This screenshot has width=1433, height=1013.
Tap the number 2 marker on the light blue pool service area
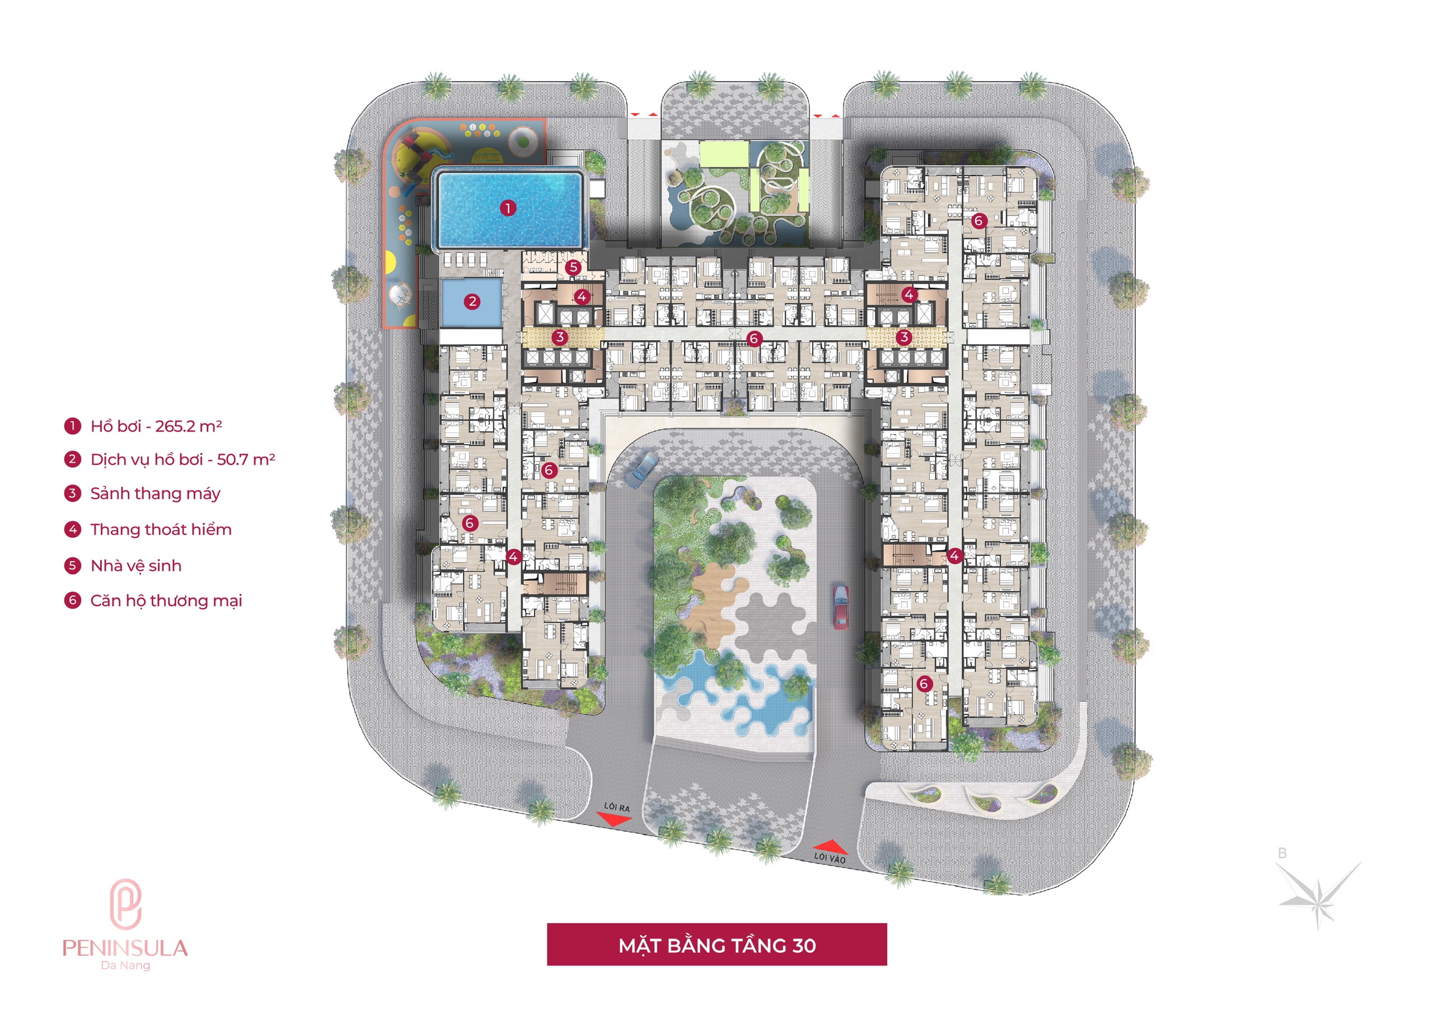472,302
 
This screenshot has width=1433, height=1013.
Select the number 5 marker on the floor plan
574,267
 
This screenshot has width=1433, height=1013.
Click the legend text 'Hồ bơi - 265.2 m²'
156,426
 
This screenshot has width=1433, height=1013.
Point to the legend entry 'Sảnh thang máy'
155,494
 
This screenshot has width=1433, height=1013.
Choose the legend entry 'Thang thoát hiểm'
161,530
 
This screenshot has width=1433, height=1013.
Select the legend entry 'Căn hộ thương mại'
166,601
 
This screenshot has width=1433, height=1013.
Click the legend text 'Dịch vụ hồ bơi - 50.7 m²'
182,459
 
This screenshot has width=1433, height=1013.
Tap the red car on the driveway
840,606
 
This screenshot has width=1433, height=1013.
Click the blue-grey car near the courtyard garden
641,470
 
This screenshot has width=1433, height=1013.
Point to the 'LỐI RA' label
617,807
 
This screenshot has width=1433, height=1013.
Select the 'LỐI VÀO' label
830,857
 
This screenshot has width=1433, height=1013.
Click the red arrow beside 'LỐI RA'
614,819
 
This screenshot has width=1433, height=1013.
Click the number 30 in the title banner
804,946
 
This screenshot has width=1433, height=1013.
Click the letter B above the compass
1282,853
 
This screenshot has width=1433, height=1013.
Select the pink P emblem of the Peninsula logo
125,903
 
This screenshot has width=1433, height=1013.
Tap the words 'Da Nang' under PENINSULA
125,965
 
